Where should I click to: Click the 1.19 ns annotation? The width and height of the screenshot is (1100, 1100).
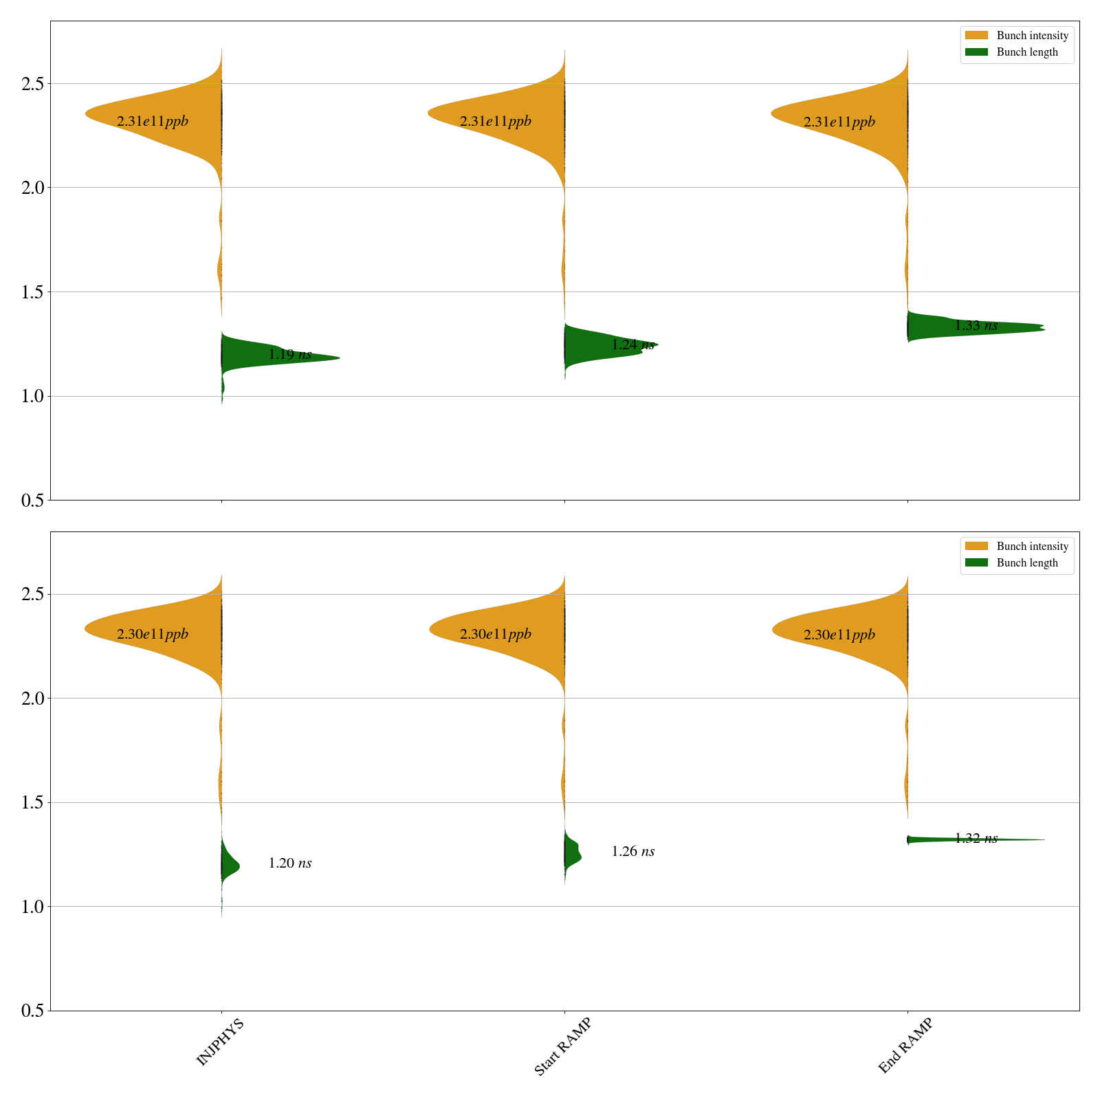coord(289,355)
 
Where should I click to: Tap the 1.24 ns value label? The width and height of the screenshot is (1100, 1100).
coord(632,345)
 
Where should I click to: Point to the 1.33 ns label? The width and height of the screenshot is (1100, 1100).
coord(976,326)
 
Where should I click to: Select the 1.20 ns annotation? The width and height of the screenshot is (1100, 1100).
coord(289,863)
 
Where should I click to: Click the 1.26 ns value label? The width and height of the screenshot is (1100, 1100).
coord(632,852)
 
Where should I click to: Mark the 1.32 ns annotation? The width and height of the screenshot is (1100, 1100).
coord(976,839)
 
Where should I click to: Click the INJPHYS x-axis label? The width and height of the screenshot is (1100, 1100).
coord(220,1043)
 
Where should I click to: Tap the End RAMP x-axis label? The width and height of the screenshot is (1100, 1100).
coord(905,1046)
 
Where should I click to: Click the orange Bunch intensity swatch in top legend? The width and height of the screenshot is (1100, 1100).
coord(976,35)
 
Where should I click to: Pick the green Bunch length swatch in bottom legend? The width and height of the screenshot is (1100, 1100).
coord(976,562)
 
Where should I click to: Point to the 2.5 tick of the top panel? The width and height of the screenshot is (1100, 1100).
coord(32,84)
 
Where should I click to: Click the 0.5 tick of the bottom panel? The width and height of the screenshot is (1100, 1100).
coord(32,1011)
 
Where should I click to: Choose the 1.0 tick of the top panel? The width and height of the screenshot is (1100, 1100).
coord(32,397)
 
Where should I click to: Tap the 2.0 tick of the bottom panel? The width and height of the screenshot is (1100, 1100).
coord(32,698)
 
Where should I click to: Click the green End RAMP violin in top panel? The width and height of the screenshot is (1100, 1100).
coord(962,327)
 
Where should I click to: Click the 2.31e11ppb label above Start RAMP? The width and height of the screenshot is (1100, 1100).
coord(495,122)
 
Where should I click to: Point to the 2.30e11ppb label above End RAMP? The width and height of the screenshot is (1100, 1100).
coord(839,635)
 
